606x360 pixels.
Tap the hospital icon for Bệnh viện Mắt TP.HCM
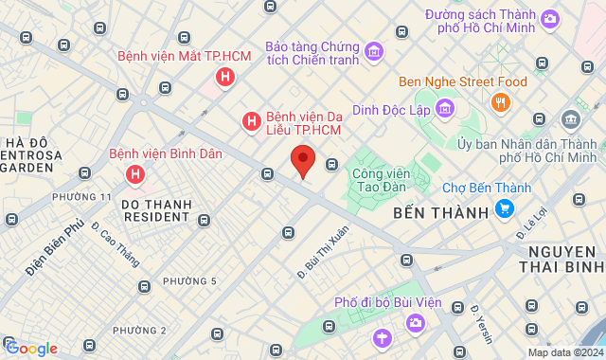224,77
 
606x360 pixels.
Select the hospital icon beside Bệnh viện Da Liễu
251,121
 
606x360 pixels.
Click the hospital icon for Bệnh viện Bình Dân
135,173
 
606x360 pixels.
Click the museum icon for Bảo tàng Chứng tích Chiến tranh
373,50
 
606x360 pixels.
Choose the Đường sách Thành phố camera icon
550,16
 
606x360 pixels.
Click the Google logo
30,349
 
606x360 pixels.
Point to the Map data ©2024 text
563,352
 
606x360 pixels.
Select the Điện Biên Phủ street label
55,249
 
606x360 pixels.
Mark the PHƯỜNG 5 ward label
189,281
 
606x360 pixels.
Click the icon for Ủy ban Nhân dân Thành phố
571,119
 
